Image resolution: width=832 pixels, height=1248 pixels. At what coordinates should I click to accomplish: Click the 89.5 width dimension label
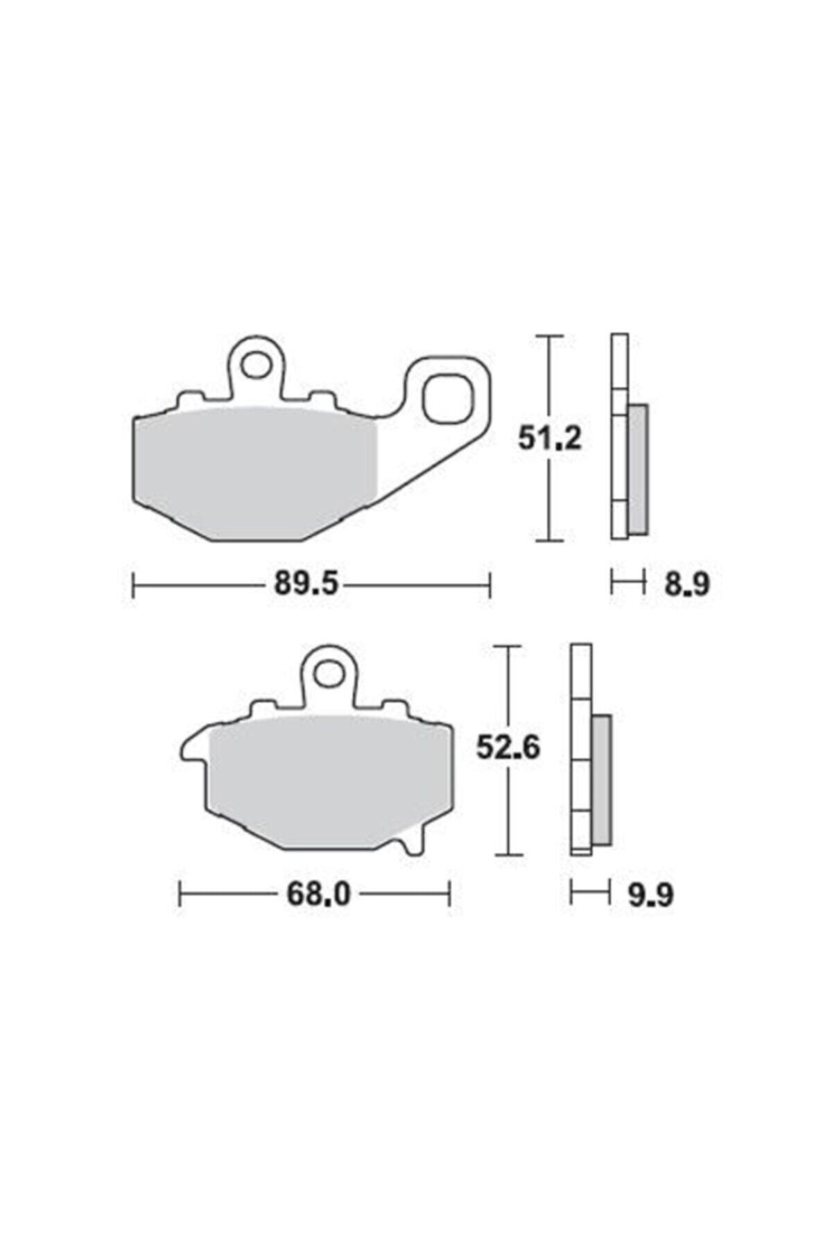(x=306, y=584)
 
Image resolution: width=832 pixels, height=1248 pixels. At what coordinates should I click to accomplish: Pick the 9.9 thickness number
(x=650, y=895)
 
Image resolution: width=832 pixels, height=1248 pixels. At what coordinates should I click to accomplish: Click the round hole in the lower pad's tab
(x=330, y=673)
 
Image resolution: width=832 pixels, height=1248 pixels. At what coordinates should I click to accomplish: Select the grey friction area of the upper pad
(x=257, y=471)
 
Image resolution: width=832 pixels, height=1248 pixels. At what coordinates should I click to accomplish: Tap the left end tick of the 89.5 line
(x=133, y=584)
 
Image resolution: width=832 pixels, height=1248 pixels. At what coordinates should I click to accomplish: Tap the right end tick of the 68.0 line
(x=450, y=894)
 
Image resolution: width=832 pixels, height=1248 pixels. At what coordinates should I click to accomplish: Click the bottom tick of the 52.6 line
(x=510, y=854)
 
